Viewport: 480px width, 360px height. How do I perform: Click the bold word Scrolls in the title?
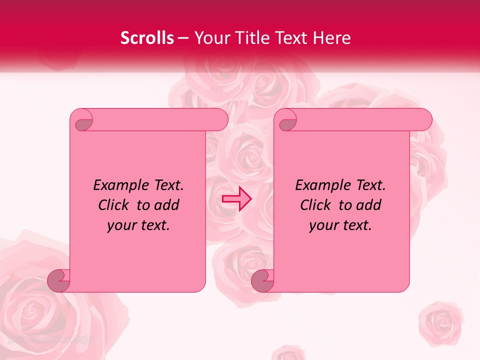(147, 38)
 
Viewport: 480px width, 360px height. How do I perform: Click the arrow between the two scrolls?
(236, 199)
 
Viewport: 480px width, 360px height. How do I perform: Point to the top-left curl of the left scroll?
(82, 120)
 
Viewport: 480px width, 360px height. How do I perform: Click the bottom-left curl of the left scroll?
(58, 280)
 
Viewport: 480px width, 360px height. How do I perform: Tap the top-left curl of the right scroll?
(286, 120)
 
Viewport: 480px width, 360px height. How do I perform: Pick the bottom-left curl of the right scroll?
(262, 280)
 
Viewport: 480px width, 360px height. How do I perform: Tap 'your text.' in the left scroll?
(138, 225)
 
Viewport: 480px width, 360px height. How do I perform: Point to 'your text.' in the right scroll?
(340, 225)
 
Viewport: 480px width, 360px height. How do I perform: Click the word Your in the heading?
(209, 38)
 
